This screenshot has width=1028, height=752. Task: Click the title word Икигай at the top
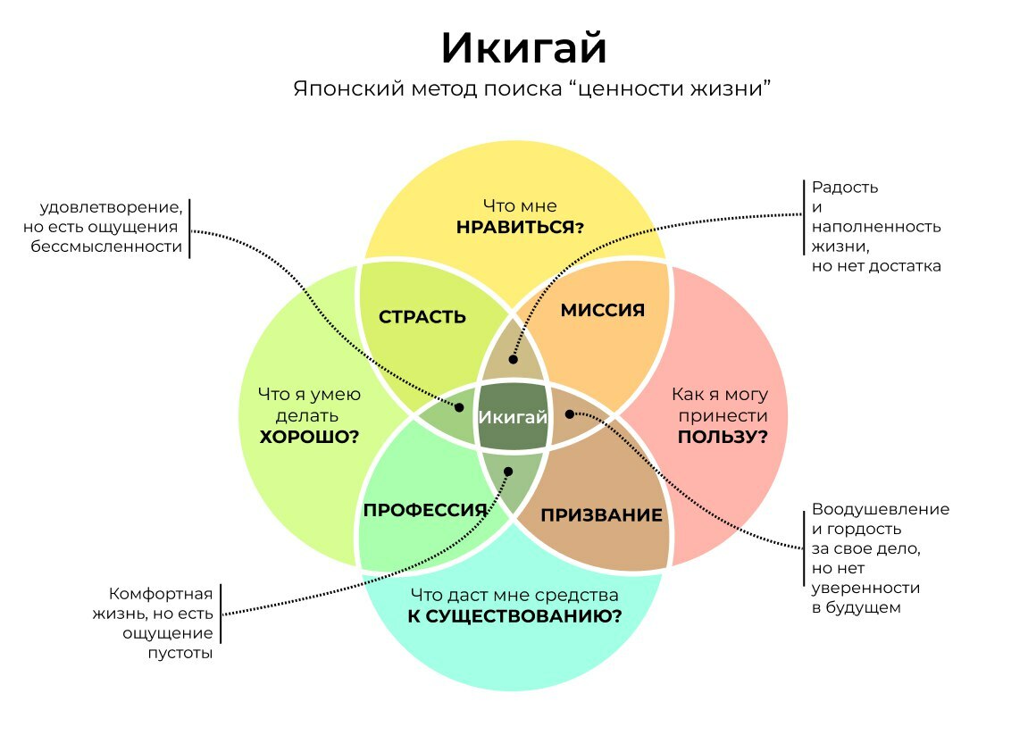tap(523, 49)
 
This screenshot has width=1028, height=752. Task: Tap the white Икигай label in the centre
tap(513, 417)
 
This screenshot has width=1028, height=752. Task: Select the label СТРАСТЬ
tap(422, 317)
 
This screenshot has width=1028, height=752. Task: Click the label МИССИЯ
tap(603, 310)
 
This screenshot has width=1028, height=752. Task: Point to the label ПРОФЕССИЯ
tap(425, 510)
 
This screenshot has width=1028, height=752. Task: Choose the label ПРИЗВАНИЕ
tap(602, 515)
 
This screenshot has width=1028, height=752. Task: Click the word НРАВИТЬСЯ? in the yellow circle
tap(520, 227)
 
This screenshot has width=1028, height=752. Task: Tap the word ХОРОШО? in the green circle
tap(309, 437)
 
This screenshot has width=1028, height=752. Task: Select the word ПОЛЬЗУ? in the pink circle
tap(723, 437)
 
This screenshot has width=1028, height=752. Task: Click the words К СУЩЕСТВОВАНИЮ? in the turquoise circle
tap(514, 615)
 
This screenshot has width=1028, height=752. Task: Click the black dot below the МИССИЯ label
tap(514, 359)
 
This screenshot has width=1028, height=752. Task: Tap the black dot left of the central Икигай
tap(460, 407)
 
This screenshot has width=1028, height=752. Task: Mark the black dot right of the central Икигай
tap(569, 414)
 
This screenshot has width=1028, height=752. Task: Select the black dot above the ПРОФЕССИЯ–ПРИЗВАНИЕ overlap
tap(508, 472)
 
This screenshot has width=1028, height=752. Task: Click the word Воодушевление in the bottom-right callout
tap(880, 509)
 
